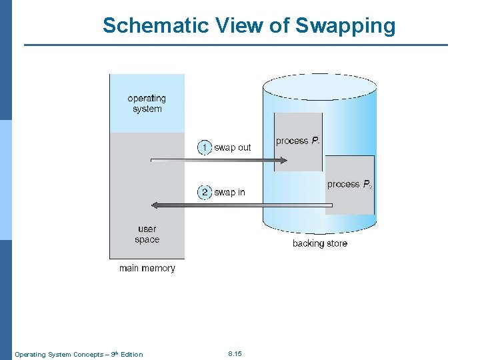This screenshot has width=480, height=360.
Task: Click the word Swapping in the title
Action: (x=345, y=26)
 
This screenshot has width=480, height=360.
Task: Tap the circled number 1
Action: (x=205, y=147)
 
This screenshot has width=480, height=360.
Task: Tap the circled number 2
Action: (x=205, y=192)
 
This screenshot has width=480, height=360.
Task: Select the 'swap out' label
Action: (x=232, y=147)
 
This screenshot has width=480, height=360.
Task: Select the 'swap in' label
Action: (x=229, y=192)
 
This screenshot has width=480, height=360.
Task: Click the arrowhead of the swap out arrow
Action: (x=283, y=160)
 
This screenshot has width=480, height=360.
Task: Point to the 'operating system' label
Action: (x=147, y=103)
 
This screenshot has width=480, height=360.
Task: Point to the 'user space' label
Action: (x=147, y=234)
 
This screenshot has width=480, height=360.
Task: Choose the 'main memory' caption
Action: (x=147, y=268)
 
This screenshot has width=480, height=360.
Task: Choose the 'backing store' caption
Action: (x=319, y=243)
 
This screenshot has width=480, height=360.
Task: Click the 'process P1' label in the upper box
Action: (x=297, y=141)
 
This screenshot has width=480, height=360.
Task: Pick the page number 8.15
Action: (x=234, y=353)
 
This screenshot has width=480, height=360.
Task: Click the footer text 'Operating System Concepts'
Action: (x=58, y=354)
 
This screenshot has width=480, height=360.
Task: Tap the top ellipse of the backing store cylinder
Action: (x=320, y=85)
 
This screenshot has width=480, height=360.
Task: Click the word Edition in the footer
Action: (x=131, y=354)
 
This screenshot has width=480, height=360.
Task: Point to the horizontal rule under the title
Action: (x=236, y=45)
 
